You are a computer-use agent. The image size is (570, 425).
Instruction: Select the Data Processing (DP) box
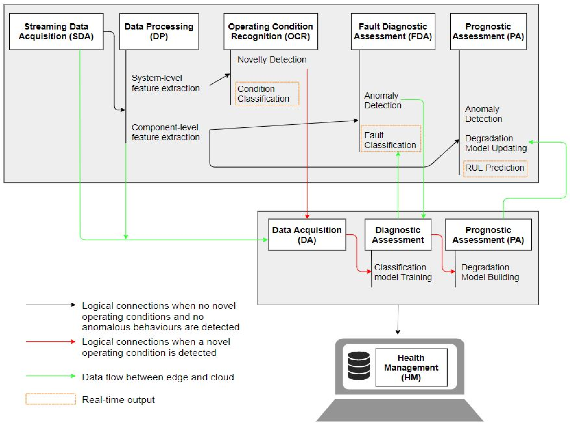click(159, 31)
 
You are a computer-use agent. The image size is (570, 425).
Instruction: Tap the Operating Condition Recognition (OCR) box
click(270, 31)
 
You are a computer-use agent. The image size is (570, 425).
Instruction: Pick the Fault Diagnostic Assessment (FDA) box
click(393, 31)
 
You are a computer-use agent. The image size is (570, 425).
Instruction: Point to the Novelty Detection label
click(272, 59)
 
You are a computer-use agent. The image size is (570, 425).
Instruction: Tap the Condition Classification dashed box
click(267, 94)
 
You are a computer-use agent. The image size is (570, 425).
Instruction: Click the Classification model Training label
click(403, 272)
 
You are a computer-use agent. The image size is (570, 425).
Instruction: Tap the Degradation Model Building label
click(490, 272)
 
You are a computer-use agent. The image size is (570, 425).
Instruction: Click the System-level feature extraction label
click(165, 83)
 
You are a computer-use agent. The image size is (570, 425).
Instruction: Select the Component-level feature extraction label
click(165, 132)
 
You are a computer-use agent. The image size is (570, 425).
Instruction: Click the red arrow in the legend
click(50, 342)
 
